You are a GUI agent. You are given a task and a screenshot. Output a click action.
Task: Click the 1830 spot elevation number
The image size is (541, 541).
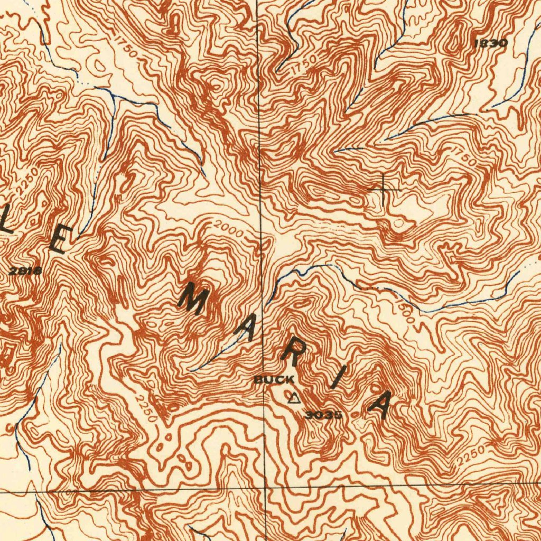coord(490,43)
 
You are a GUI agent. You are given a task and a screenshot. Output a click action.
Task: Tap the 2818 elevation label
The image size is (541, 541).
coord(25,272)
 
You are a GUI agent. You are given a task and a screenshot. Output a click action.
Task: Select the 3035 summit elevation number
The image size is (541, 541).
coord(323,415)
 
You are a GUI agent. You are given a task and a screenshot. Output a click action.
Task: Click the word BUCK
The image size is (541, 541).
coord(274,379)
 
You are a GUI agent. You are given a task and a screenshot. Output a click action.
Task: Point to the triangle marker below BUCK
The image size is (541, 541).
coord(294,397)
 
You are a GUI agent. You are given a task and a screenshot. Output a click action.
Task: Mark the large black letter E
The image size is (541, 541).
coord(60,240)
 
